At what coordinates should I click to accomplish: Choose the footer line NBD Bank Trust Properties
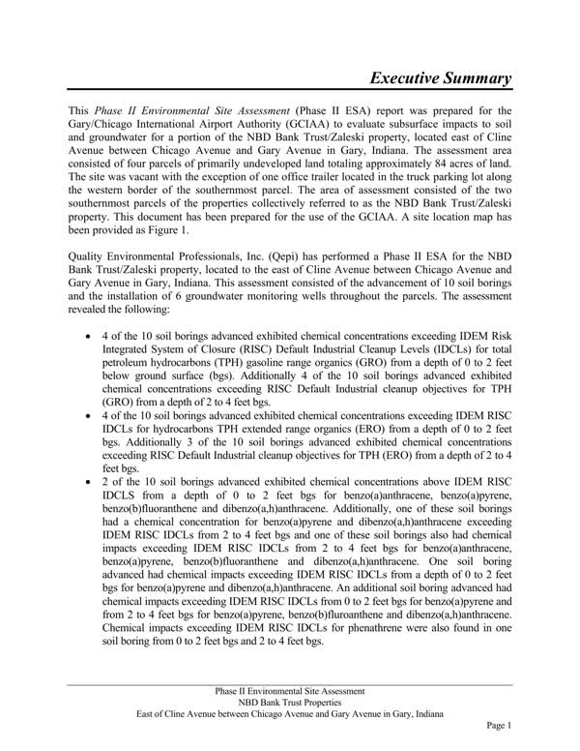289,703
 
